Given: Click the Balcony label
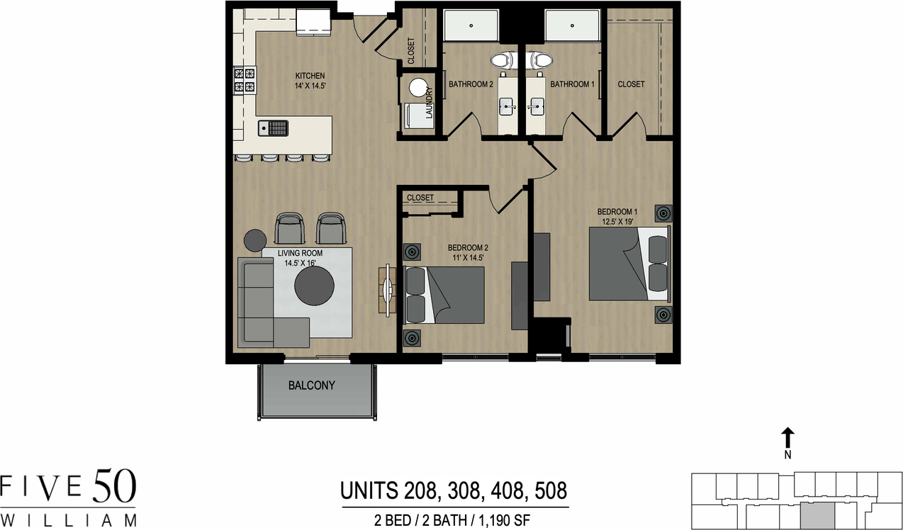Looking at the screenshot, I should pyautogui.click(x=311, y=386).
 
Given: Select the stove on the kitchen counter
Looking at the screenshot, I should pyautogui.click(x=245, y=80).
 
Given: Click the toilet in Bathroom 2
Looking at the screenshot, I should pyautogui.click(x=503, y=61).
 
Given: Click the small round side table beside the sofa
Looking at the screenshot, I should pyautogui.click(x=254, y=240).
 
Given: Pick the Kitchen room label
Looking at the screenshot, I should pyautogui.click(x=310, y=76).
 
